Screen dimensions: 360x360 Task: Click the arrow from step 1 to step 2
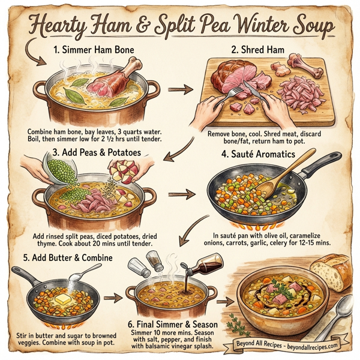(176, 91)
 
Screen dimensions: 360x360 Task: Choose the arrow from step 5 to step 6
(111, 297)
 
